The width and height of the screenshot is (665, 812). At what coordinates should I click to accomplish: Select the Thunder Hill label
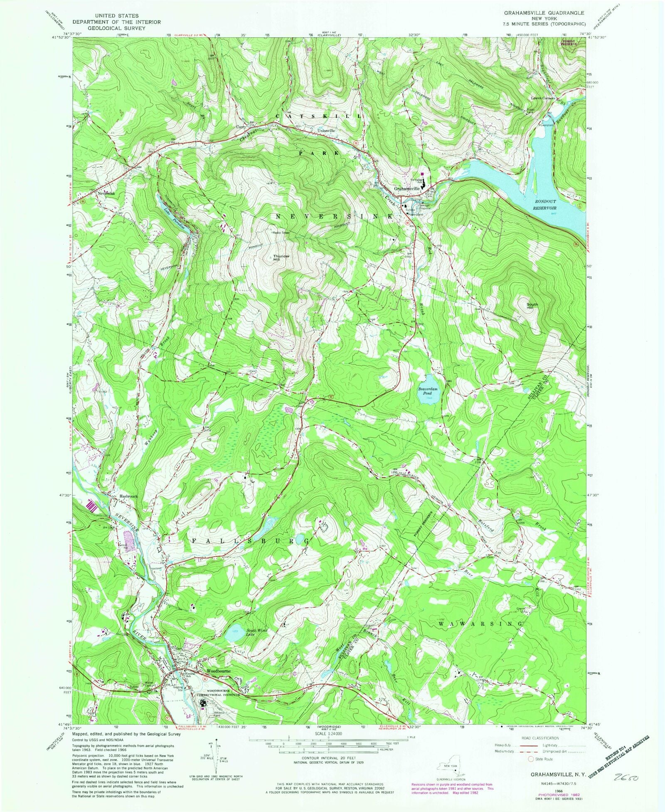281,257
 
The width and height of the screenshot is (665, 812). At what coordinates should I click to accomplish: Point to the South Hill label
532,306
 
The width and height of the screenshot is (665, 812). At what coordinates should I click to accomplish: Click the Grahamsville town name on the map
407,188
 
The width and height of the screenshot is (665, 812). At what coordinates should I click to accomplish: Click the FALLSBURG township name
250,541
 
